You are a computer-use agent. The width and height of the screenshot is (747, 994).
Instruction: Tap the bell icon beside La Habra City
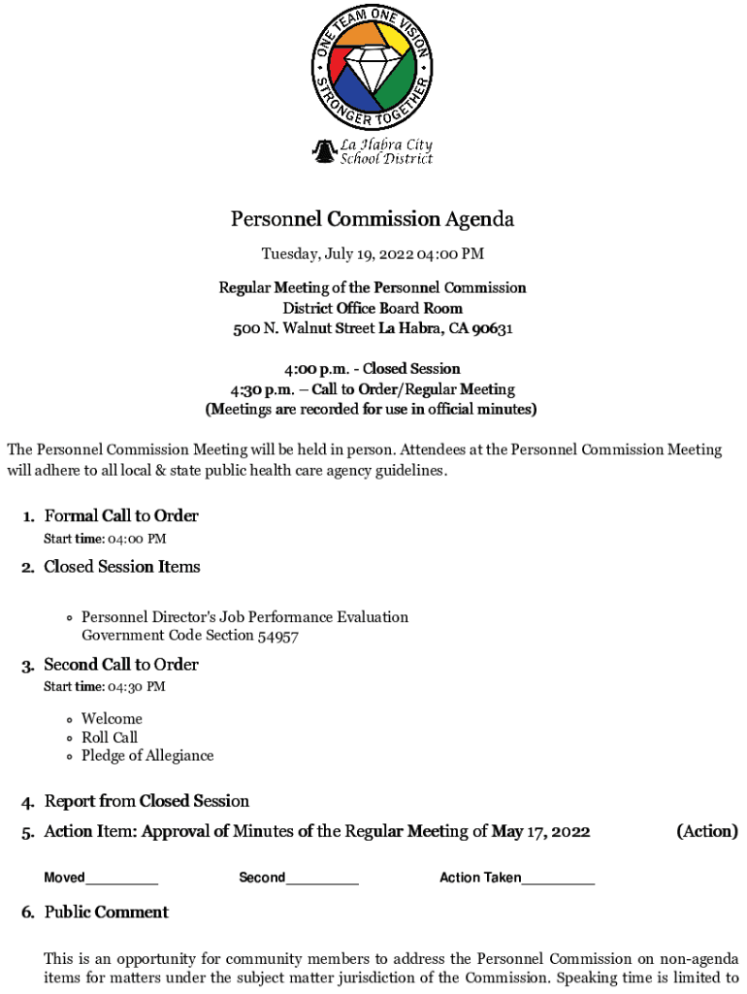point(322,151)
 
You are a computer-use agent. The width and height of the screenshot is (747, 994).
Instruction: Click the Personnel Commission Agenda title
point(373,219)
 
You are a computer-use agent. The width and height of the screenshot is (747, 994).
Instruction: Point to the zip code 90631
point(492,329)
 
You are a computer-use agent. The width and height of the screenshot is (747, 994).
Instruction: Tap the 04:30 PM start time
point(136,687)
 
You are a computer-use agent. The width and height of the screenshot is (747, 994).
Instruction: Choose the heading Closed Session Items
point(121,567)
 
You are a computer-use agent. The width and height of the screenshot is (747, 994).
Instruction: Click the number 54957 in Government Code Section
point(277,636)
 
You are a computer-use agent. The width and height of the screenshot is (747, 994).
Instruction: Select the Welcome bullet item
point(112,719)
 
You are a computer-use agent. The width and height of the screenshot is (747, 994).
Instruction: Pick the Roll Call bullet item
point(110,738)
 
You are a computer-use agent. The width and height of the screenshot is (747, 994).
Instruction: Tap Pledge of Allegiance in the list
point(147,756)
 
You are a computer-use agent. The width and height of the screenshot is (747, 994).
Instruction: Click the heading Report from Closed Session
point(146,802)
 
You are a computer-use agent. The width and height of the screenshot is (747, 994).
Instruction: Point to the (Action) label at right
point(706,832)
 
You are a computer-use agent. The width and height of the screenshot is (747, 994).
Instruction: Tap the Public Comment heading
point(106,912)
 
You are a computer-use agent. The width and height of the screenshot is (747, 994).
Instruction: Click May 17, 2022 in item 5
point(540,832)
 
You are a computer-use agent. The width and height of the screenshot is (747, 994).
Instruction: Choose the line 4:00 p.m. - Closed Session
point(373,369)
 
